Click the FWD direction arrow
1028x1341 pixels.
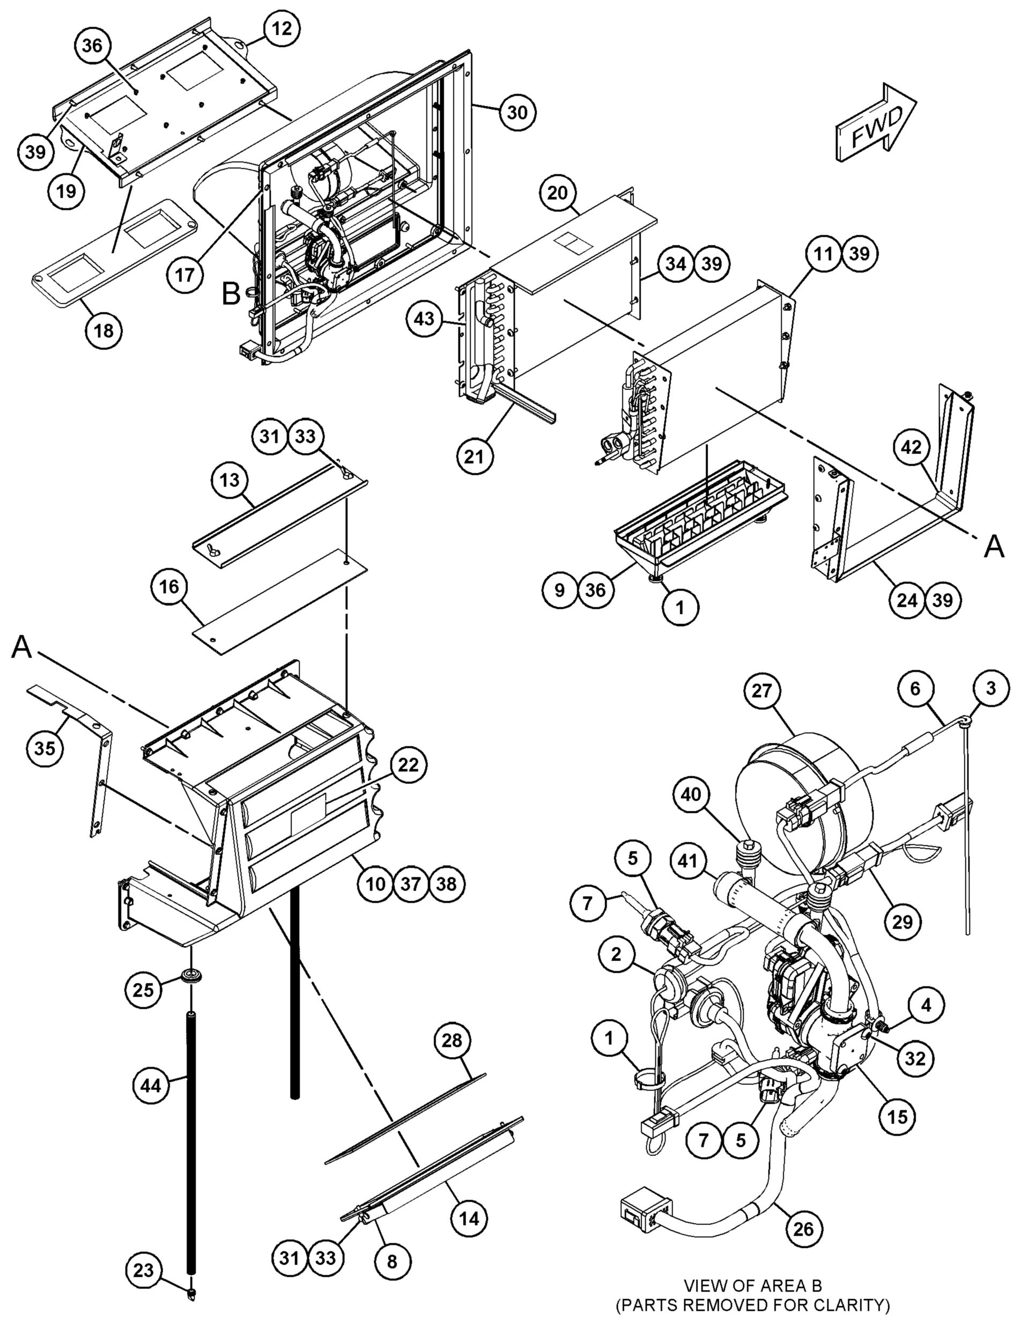click(x=876, y=123)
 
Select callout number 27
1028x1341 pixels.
click(x=762, y=691)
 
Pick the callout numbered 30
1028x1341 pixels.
click(x=517, y=112)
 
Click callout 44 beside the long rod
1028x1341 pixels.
click(x=151, y=1086)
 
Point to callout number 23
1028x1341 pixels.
click(x=143, y=1271)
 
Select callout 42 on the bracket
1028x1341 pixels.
click(x=911, y=448)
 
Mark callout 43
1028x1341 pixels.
click(x=425, y=319)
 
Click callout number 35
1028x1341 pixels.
click(x=45, y=747)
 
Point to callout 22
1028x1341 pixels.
click(x=409, y=764)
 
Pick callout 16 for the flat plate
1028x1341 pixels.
click(x=169, y=587)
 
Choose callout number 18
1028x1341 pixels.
click(x=104, y=330)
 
